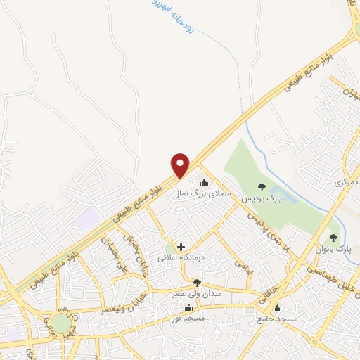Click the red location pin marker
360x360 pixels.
181,165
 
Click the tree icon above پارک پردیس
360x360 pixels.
262,187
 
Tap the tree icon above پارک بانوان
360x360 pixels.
334,238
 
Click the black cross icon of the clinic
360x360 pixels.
181,247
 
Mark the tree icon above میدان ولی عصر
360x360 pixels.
197,283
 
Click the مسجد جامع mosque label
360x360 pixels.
277,320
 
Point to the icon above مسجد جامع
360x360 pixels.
277,309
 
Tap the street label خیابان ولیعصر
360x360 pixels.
116,304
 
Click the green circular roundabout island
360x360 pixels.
62,323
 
